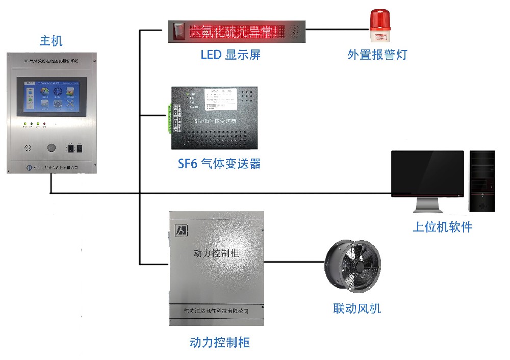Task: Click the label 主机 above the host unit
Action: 51,41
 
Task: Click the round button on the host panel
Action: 51,148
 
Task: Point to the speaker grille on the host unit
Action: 28,148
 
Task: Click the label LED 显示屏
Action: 231,55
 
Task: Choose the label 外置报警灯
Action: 377,55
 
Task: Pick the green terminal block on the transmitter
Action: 169,119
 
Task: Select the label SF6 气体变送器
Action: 219,164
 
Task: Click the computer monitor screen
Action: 427,173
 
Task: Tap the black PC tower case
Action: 482,181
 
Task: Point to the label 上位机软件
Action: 442,227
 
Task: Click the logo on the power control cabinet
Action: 180,230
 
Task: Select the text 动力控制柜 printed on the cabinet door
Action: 217,253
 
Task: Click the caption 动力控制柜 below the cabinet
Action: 219,342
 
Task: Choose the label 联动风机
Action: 357,308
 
